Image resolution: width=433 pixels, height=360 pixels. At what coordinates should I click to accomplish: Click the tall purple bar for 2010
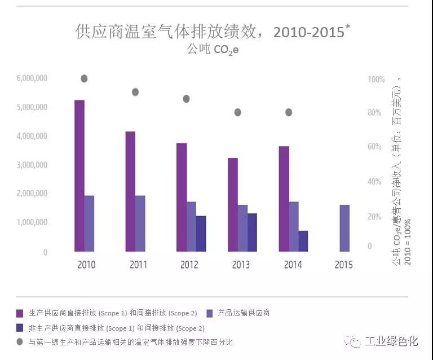[x=79, y=175]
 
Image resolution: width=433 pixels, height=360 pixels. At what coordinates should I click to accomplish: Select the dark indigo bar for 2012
[x=201, y=234]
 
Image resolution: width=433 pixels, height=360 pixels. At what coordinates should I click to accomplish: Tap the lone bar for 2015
[x=344, y=228]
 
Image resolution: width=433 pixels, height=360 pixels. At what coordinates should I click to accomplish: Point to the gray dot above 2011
[x=135, y=92]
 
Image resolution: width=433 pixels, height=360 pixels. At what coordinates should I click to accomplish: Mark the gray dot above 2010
[x=84, y=78]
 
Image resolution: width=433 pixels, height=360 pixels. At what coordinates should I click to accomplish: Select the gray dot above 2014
[x=289, y=112]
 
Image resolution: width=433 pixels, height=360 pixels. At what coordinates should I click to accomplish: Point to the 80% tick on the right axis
[x=375, y=113]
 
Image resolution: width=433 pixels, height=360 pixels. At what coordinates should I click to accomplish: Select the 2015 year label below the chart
[x=344, y=265]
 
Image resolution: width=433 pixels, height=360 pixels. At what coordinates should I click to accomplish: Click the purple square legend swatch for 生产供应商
[x=20, y=313]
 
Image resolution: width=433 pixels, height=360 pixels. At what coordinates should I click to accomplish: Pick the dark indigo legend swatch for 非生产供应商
[x=20, y=327]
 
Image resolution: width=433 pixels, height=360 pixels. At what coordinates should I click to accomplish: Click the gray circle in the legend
[x=20, y=342]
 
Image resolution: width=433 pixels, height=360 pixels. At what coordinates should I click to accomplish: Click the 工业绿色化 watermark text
[x=391, y=341]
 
